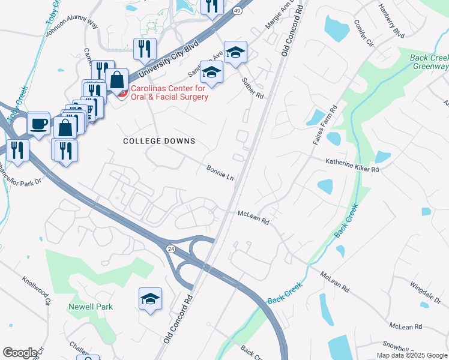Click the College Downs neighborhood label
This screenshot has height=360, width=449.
(159, 141)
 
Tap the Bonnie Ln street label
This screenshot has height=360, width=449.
(220, 173)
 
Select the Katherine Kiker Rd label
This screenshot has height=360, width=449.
(352, 166)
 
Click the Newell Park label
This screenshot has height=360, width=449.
(91, 307)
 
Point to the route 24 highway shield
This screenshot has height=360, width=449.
(170, 248)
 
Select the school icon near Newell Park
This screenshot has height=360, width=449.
(149, 298)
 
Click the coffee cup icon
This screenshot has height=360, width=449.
(39, 123)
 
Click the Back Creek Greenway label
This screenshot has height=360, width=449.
(429, 62)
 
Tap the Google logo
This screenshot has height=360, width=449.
(20, 353)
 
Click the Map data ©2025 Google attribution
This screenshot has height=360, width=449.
(412, 355)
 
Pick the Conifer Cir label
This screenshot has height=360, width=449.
(364, 34)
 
